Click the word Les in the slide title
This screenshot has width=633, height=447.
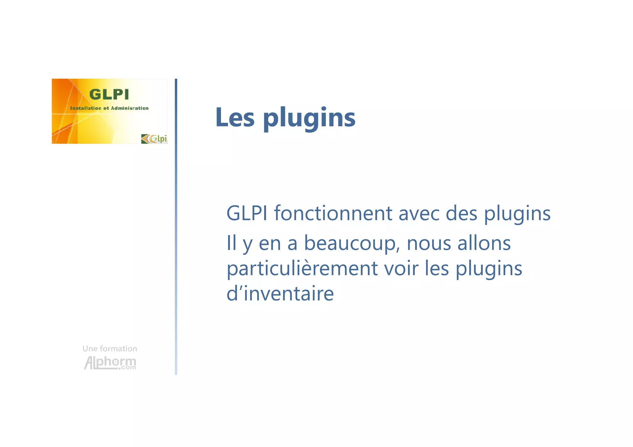coord(235,117)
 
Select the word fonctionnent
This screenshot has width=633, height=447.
coord(333,213)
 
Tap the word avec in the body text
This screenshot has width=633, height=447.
coord(419,213)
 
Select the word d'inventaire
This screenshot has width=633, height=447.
coord(280,293)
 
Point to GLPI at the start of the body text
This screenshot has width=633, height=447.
coord(247,213)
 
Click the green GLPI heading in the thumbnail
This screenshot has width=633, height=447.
coord(109,95)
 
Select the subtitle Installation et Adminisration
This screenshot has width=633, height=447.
coord(109,108)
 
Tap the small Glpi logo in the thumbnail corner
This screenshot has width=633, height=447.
coord(154,139)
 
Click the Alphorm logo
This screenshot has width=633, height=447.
coord(110,363)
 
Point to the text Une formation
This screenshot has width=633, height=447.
coord(110,349)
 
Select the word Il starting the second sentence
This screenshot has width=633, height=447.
coord(232,243)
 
